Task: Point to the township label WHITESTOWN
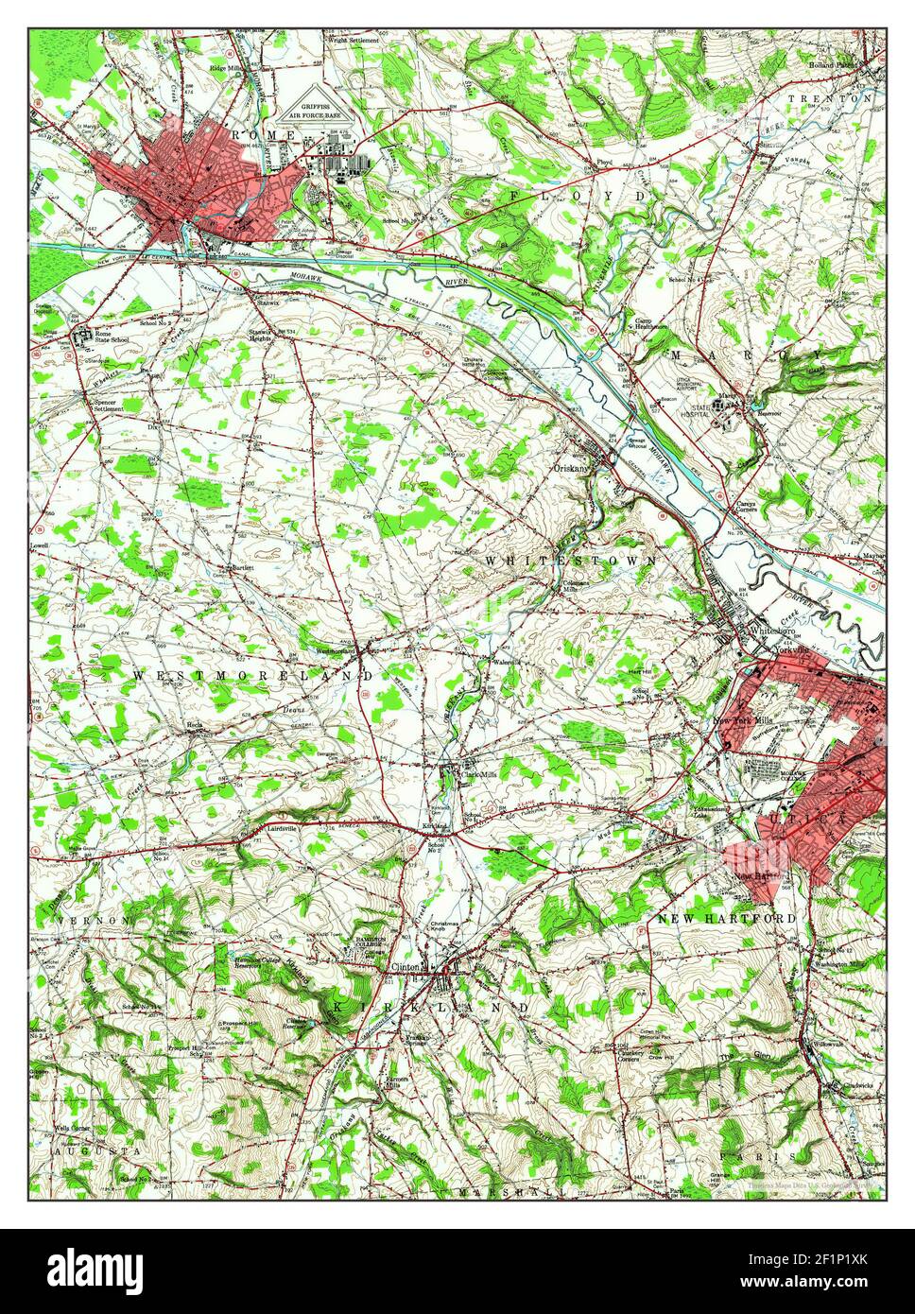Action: [571, 561]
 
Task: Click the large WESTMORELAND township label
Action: [253, 676]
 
